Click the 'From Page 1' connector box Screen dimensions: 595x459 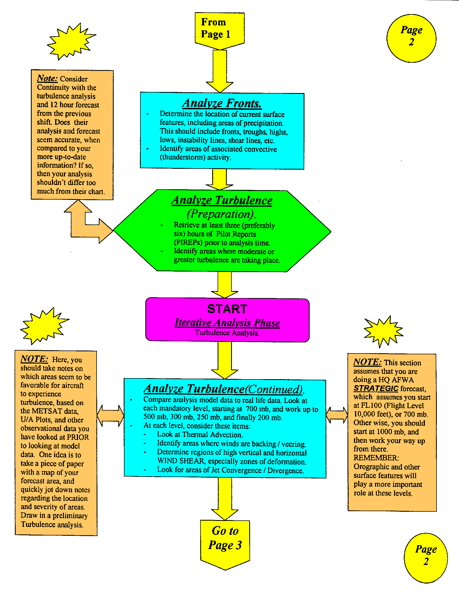tap(219, 29)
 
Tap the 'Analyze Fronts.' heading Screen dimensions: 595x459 tap(222, 104)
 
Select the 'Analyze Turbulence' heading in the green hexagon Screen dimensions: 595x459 tap(222, 200)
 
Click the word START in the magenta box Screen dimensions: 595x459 tap(227, 309)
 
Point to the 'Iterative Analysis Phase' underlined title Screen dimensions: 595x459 tap(227, 323)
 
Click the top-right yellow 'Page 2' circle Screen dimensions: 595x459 tap(411, 38)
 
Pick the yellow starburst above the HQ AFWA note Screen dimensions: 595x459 tap(383, 331)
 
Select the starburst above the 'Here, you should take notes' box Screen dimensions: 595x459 tap(44, 326)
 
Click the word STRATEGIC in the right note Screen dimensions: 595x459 tap(376, 388)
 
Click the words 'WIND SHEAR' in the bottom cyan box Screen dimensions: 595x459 tap(181, 461)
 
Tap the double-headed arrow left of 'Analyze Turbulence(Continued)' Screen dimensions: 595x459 tap(110, 416)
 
